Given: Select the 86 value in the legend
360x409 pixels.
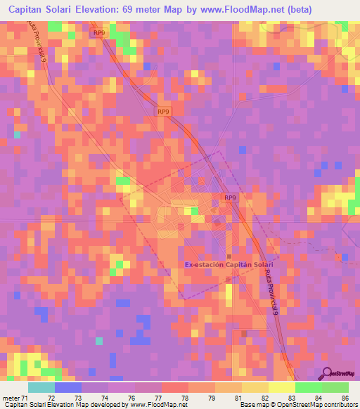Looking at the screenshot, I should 345,398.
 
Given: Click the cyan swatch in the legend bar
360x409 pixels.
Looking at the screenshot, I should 41,387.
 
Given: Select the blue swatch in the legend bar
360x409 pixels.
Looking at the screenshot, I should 67,387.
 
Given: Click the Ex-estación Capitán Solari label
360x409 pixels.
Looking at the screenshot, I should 229,265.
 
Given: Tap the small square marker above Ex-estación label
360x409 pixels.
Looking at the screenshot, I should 229,256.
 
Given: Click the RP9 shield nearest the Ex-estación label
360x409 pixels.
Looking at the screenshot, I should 230,198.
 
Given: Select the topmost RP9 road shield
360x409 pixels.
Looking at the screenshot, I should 99,33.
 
